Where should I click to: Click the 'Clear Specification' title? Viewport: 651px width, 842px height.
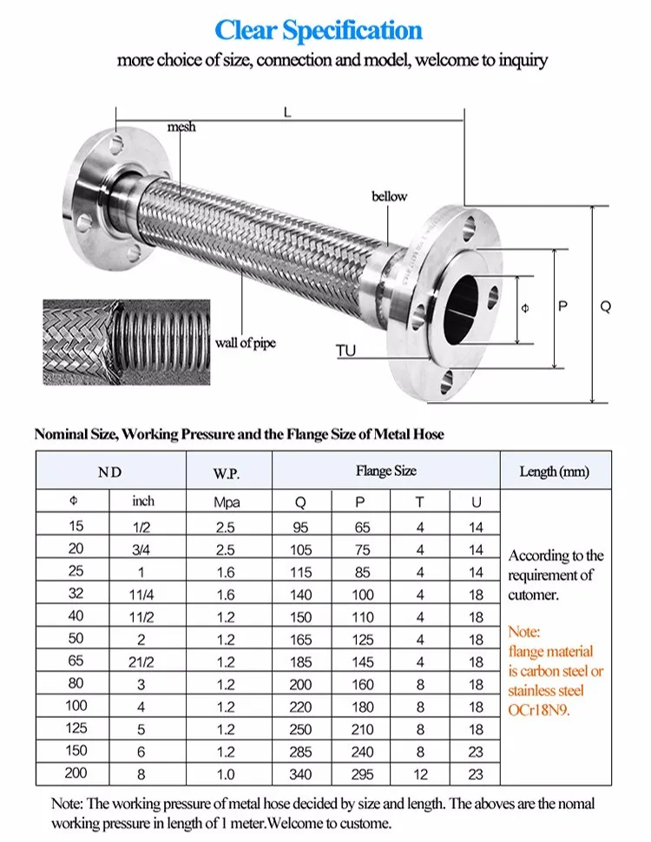click(x=319, y=30)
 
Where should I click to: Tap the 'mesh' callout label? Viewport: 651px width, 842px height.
click(x=181, y=127)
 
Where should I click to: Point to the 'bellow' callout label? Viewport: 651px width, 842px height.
click(x=389, y=196)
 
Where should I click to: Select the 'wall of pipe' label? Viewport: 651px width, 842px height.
click(x=246, y=343)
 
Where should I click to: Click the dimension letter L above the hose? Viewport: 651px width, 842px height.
click(x=287, y=111)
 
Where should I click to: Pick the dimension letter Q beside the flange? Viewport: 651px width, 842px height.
click(x=605, y=306)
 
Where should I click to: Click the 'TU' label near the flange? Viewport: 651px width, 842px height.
click(x=346, y=351)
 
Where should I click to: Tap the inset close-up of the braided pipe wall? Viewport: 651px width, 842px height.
click(x=127, y=340)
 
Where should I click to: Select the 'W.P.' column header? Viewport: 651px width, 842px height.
click(x=227, y=473)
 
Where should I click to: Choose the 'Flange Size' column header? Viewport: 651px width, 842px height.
click(x=385, y=470)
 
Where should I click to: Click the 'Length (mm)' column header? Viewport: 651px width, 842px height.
click(x=554, y=471)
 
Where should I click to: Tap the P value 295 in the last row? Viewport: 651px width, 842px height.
click(x=363, y=773)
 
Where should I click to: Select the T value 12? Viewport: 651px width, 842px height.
click(x=419, y=773)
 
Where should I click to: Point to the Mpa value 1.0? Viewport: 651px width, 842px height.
click(x=226, y=773)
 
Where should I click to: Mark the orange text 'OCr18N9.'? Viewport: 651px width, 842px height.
click(x=545, y=710)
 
